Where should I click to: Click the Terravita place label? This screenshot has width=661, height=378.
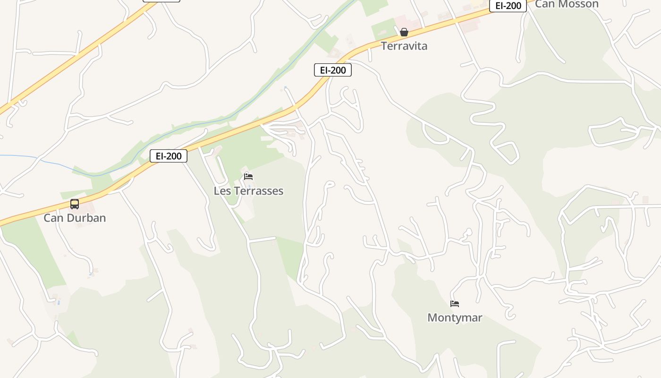(404, 46)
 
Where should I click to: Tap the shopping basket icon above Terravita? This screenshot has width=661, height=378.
(404, 32)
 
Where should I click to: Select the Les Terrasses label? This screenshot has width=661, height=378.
(248, 191)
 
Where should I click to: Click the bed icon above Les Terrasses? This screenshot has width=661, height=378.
(248, 177)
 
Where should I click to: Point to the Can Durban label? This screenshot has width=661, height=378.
(75, 218)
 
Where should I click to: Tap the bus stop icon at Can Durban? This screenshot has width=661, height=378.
(75, 204)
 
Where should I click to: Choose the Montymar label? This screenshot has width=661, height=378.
(455, 318)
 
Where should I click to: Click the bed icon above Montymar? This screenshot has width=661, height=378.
(455, 304)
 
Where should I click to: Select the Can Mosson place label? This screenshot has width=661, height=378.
(566, 4)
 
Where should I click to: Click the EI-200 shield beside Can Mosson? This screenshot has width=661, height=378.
(508, 6)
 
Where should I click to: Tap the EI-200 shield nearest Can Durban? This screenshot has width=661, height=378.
(169, 156)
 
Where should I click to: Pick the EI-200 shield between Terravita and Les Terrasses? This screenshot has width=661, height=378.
(333, 70)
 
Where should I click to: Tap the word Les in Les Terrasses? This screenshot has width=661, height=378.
(221, 191)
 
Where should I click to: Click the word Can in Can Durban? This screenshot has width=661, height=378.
(53, 218)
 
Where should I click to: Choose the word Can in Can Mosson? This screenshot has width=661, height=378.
(544, 4)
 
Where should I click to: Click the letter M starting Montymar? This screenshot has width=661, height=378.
(432, 318)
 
